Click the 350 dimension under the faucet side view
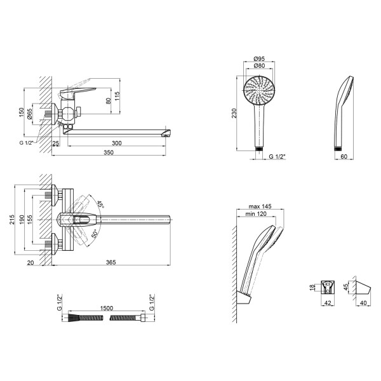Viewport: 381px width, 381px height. (109, 152)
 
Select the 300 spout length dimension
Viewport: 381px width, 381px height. (117, 143)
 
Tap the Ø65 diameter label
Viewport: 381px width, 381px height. (29, 114)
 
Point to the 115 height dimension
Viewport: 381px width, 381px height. (117, 97)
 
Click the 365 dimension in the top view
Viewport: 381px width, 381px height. (110, 262)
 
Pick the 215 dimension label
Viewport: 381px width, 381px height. (12, 220)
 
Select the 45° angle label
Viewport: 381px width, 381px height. (100, 204)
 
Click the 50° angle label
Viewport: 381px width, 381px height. (95, 234)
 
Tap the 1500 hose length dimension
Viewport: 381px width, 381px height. (107, 308)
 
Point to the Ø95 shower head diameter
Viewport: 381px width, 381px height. (259, 58)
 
